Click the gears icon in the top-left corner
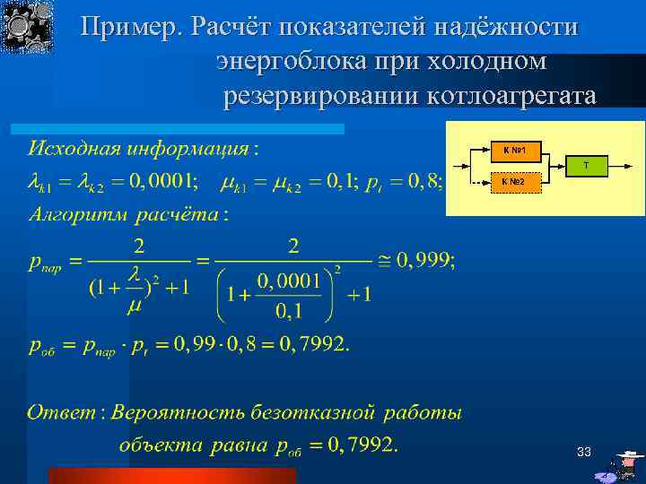click(28, 27)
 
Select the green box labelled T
click(586, 165)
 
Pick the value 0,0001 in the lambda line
click(161, 182)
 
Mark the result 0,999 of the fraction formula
click(423, 261)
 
